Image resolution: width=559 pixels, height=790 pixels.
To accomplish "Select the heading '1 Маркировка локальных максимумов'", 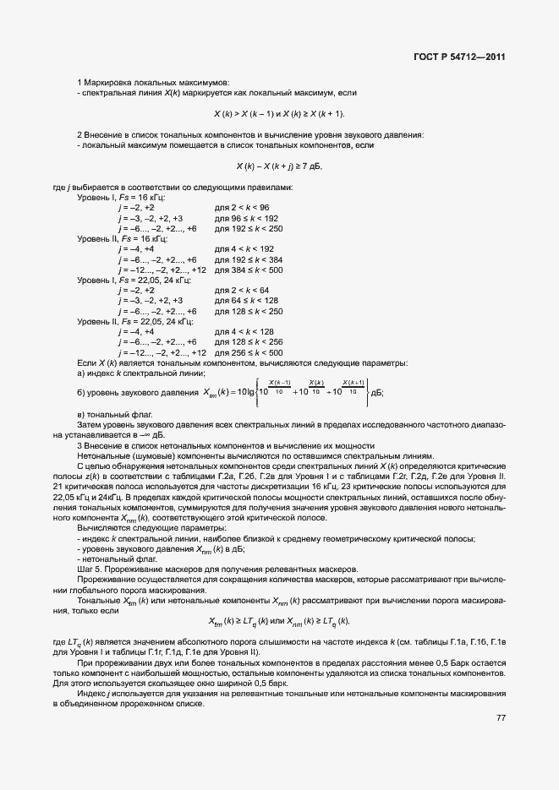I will [152, 82].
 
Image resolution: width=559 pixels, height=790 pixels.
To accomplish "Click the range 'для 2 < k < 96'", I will [242, 207].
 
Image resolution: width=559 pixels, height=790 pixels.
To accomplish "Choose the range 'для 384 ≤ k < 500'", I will [249, 270].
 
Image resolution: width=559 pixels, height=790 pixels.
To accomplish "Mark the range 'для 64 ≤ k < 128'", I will [246, 301].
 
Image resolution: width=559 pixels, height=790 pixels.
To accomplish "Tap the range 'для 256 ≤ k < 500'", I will [249, 352].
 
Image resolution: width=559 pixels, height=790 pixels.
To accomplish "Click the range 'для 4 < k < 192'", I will [244, 249].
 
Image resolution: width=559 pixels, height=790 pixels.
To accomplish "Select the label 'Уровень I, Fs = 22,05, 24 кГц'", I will [134, 280].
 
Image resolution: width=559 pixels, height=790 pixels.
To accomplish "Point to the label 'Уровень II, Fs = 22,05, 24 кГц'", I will [135, 321].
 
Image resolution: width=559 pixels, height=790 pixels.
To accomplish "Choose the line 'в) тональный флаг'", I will [114, 416].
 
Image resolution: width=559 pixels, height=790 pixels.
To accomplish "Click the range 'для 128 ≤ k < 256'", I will [249, 342].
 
